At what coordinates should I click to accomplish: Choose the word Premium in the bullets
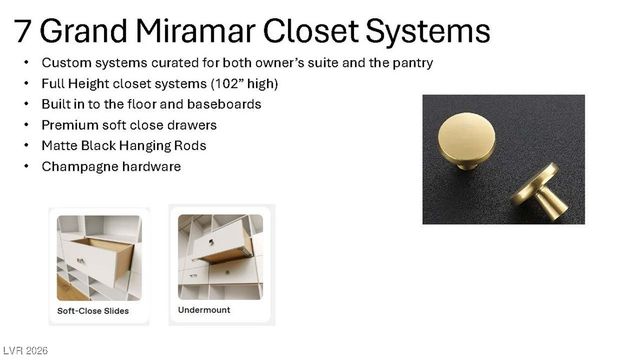(70, 125)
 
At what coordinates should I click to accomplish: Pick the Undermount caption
(204, 310)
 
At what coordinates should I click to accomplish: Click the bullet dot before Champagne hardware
(27, 167)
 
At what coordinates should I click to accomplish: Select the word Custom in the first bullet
(66, 63)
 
